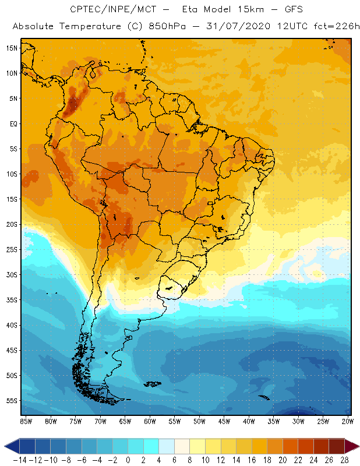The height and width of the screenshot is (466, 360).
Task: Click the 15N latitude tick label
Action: point(12,48)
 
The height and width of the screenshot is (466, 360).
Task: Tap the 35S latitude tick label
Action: point(12,300)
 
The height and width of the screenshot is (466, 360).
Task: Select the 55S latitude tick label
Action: point(12,401)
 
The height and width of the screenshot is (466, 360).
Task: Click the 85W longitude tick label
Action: point(26,421)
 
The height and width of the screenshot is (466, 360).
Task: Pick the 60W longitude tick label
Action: point(150,421)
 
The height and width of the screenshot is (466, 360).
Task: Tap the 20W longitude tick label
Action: point(348,421)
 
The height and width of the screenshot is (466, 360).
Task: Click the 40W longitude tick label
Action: point(249,421)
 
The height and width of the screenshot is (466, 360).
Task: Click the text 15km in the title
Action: point(245,10)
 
